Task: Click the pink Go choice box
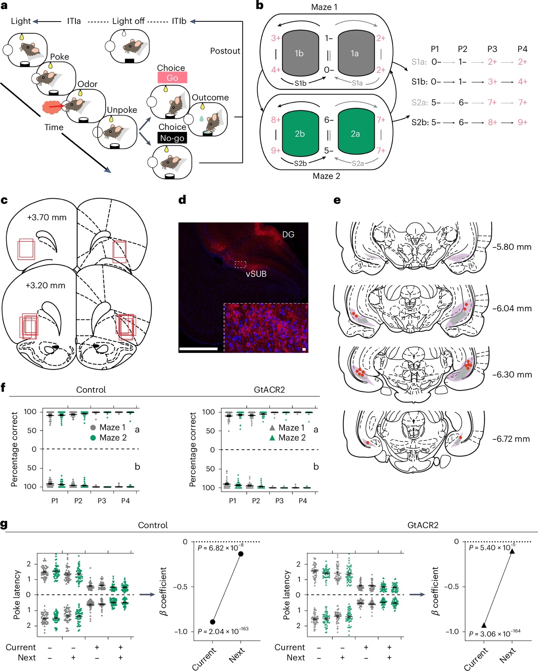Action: coord(172,78)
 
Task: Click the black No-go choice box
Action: coord(172,138)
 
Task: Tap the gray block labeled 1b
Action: coord(299,53)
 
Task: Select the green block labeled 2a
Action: coord(355,134)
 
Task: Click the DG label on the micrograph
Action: coord(288,234)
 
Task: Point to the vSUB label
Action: coord(256,274)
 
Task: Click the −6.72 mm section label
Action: coord(511,439)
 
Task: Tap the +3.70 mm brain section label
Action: coord(47,217)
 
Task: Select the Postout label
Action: coord(225,51)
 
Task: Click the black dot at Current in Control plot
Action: coord(212,622)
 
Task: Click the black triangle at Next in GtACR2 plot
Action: coord(512,551)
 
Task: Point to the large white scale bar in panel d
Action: coord(198,349)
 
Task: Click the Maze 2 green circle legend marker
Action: coord(93,437)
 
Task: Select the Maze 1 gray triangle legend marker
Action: coord(272,428)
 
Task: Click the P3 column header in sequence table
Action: coord(492,49)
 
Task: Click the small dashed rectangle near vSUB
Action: coord(240,264)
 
